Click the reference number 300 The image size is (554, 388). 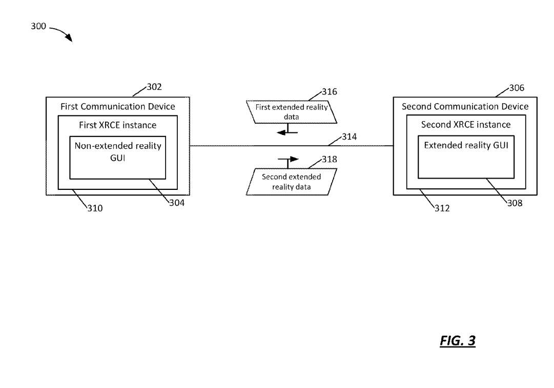(38, 26)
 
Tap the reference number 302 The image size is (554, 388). (154, 87)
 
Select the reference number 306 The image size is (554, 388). (517, 88)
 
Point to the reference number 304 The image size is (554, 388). (177, 203)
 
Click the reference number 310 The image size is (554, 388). (95, 208)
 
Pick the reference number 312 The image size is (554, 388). (442, 208)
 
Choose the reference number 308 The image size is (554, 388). (515, 203)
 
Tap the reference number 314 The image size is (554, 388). (349, 137)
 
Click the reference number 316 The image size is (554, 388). (330, 92)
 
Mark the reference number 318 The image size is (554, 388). (330, 160)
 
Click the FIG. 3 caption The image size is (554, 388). (458, 341)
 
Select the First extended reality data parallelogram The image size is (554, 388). (292, 112)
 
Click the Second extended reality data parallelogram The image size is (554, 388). (292, 182)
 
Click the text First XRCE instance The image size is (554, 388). (118, 125)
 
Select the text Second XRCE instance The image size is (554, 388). (466, 125)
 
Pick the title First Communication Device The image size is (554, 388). (118, 106)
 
